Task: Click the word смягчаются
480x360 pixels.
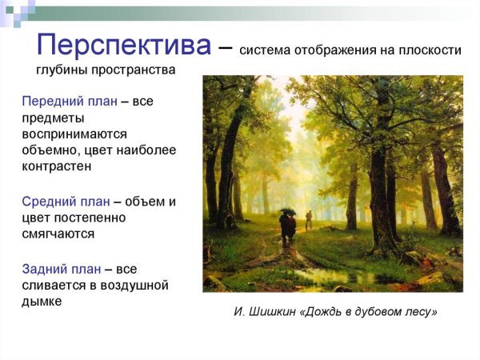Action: pyautogui.click(x=58, y=234)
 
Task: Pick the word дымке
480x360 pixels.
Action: pyautogui.click(x=42, y=302)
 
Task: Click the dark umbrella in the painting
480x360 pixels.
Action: pyautogui.click(x=287, y=212)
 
